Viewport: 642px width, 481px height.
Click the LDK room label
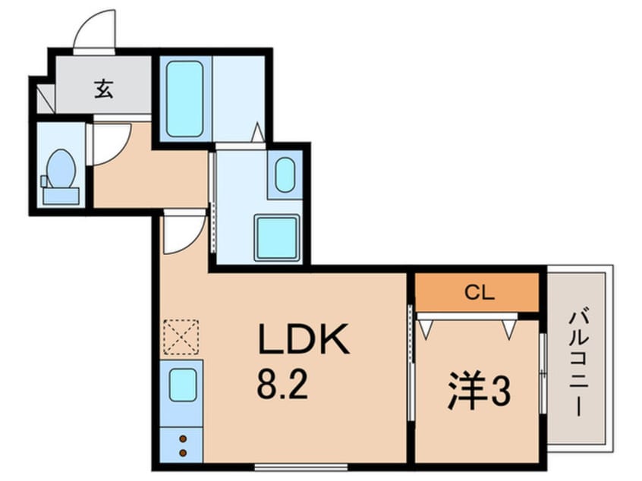tap(304, 341)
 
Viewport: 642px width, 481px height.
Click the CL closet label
tap(477, 293)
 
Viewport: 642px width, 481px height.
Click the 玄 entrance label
tap(104, 90)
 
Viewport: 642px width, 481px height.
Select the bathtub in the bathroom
tap(184, 99)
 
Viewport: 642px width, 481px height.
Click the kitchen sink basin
tap(183, 385)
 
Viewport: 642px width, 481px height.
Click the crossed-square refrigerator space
tap(181, 337)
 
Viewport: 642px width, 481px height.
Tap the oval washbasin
tap(285, 176)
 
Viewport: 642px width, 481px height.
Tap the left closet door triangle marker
tap(426, 327)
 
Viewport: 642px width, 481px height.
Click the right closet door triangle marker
tap(508, 327)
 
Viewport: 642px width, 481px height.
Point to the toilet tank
tap(61, 194)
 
